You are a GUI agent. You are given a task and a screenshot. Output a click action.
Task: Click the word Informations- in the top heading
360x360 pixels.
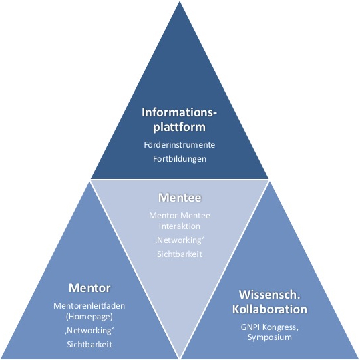(180, 112)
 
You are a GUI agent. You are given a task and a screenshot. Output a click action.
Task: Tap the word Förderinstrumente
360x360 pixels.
(180, 144)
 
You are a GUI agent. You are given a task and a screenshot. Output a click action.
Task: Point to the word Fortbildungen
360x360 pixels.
(180, 159)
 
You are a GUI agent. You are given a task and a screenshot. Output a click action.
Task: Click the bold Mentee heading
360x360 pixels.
(180, 198)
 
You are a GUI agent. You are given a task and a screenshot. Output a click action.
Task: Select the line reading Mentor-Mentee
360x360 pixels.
(180, 215)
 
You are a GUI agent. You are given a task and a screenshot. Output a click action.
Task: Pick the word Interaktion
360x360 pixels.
(180, 226)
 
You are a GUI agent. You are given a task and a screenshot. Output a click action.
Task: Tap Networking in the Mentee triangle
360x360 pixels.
(180, 240)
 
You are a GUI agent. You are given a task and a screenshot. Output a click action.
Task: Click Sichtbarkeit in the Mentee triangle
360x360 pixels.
(180, 255)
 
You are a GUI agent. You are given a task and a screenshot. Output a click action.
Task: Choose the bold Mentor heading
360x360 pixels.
(89, 288)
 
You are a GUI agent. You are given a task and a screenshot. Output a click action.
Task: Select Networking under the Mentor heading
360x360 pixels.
(89, 330)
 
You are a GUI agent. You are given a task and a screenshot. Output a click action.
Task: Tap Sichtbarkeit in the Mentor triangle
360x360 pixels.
(89, 344)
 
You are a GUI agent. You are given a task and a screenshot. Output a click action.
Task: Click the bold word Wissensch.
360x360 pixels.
(269, 294)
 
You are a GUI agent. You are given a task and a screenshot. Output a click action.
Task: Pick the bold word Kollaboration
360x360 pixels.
(269, 309)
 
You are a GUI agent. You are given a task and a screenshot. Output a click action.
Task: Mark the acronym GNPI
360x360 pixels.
(252, 327)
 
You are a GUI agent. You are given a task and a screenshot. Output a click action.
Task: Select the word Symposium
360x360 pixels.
(269, 338)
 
